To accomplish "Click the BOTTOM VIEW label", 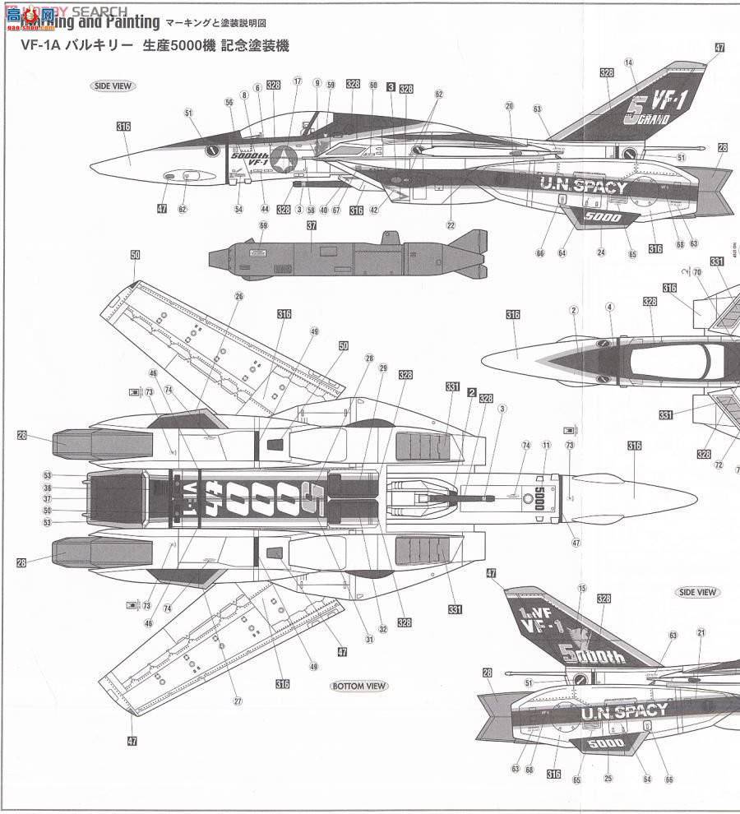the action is (359, 686).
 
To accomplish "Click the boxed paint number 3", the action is (391, 85).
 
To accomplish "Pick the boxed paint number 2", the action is (471, 392).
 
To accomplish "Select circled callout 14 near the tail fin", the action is (629, 62).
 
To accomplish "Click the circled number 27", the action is (238, 701).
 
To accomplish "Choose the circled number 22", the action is (451, 225).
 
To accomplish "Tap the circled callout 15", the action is (581, 588).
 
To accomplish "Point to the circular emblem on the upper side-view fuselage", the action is (286, 155).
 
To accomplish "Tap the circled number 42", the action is (374, 209).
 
